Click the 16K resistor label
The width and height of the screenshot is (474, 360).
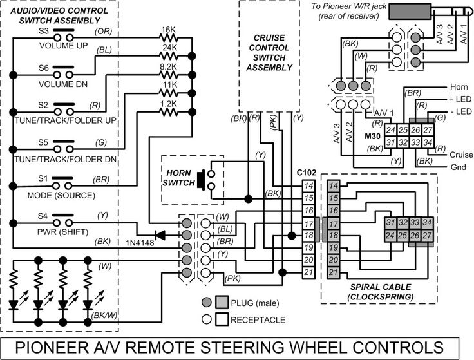[168, 30]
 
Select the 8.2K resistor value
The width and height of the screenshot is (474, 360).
[168, 66]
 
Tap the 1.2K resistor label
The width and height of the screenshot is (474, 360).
[168, 102]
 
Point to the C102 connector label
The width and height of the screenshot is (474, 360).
[308, 173]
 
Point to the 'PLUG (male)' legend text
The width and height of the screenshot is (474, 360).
[256, 303]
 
